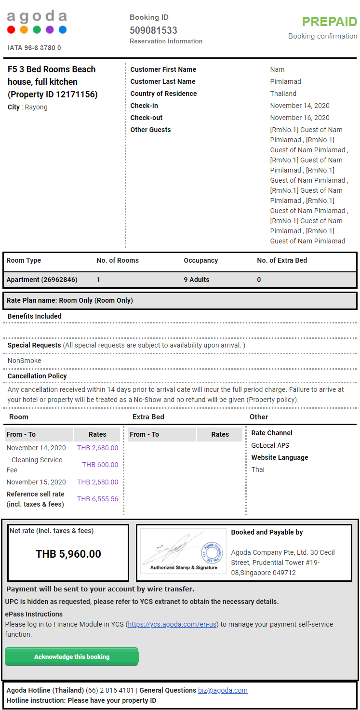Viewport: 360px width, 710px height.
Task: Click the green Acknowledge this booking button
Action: click(x=72, y=656)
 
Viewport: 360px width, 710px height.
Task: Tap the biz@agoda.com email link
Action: click(x=223, y=690)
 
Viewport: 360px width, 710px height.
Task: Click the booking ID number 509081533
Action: click(x=153, y=30)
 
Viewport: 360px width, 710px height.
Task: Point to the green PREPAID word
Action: click(x=329, y=22)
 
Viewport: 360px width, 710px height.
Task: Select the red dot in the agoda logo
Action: click(x=11, y=30)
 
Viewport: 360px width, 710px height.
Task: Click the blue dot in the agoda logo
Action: click(x=63, y=30)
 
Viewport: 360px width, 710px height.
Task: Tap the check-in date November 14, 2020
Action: click(x=300, y=106)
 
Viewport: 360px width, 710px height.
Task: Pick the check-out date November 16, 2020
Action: click(x=300, y=118)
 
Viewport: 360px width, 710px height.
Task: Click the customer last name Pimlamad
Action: click(x=285, y=81)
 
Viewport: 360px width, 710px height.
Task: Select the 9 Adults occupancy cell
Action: click(x=197, y=280)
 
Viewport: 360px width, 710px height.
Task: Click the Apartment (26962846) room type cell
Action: click(x=42, y=280)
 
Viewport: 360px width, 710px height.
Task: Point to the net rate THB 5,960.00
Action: click(x=68, y=554)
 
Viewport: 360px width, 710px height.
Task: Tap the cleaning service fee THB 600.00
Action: click(x=100, y=465)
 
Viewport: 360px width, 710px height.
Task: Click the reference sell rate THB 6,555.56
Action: click(x=97, y=499)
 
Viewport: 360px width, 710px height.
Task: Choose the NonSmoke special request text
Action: click(x=25, y=361)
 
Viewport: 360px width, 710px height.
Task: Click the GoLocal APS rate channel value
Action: click(x=270, y=445)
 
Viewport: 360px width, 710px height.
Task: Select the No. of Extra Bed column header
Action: click(x=282, y=260)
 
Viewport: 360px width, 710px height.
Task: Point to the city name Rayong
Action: click(x=36, y=107)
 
